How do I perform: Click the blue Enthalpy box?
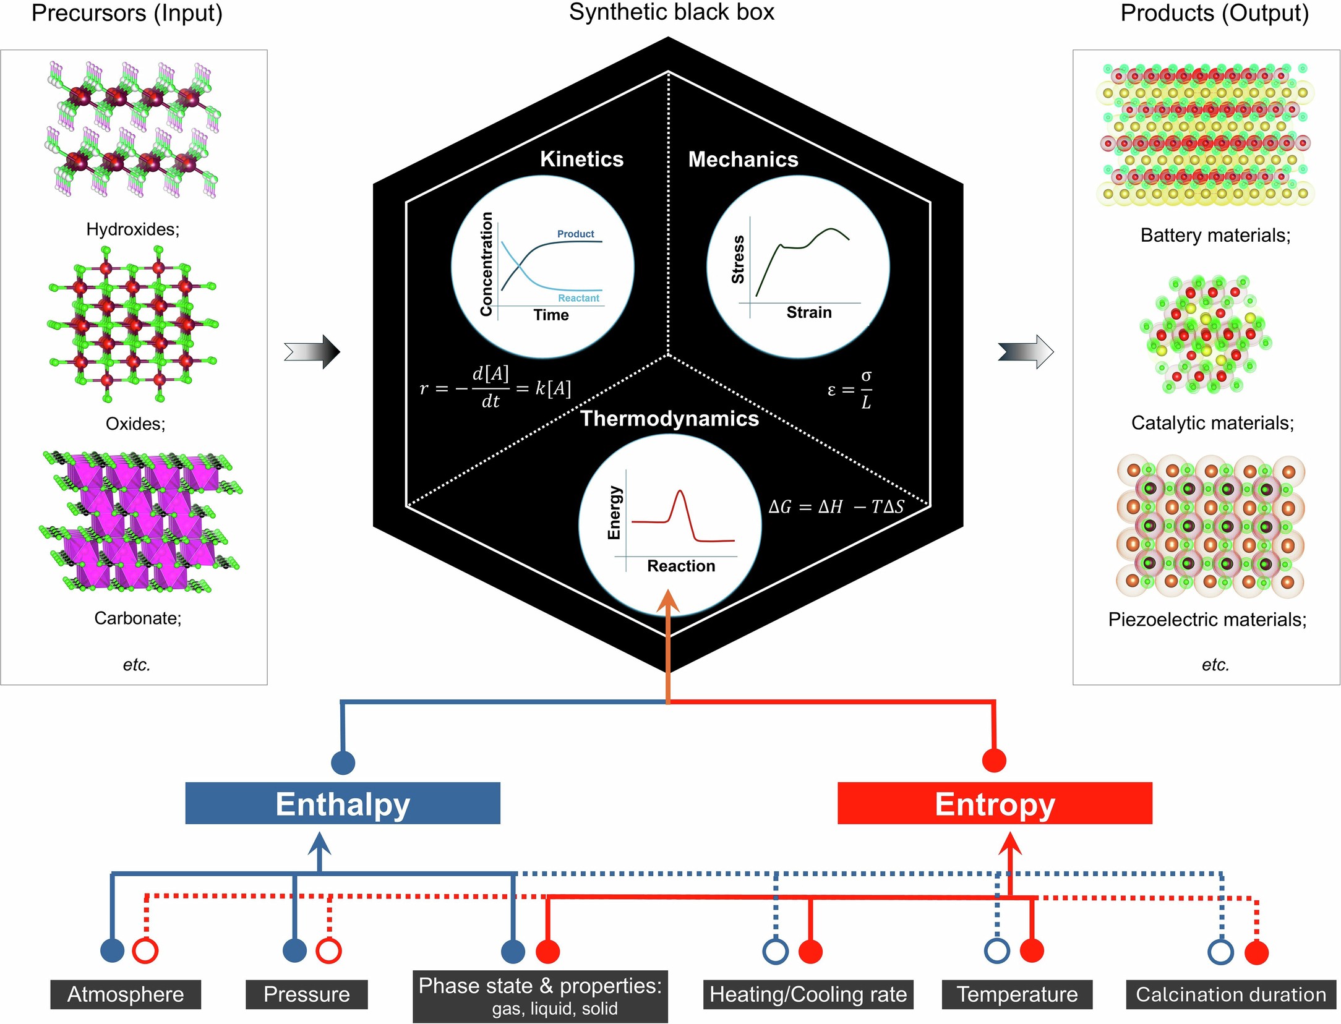pyautogui.click(x=343, y=803)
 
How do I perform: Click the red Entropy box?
pyautogui.click(x=995, y=803)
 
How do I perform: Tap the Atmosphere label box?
pyautogui.click(x=126, y=994)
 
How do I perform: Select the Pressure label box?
pyautogui.click(x=306, y=994)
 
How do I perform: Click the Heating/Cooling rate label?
pyautogui.click(x=808, y=994)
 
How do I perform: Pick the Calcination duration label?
pyautogui.click(x=1230, y=994)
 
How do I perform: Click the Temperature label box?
pyautogui.click(x=1017, y=994)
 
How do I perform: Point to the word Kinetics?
pyautogui.click(x=581, y=159)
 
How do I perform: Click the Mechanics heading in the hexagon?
pyautogui.click(x=743, y=160)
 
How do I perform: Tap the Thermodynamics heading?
pyautogui.click(x=669, y=419)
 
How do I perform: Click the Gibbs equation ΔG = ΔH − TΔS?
pyautogui.click(x=836, y=507)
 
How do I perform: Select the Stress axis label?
pyautogui.click(x=738, y=259)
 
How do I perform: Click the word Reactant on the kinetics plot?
pyautogui.click(x=578, y=298)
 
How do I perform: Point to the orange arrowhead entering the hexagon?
pyautogui.click(x=668, y=601)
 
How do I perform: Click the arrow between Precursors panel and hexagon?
pyautogui.click(x=312, y=352)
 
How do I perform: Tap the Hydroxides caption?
pyautogui.click(x=133, y=229)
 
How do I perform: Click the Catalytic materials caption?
pyautogui.click(x=1212, y=423)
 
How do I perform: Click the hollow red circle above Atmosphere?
pyautogui.click(x=146, y=950)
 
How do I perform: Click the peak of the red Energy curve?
pyautogui.click(x=680, y=492)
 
